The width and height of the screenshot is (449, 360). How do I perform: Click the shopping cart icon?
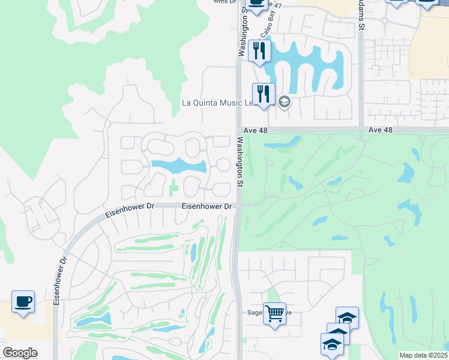(x=274, y=313)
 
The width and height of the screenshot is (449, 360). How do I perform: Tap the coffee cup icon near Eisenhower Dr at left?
(x=23, y=302)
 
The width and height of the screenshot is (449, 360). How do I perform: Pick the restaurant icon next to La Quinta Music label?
(x=264, y=94)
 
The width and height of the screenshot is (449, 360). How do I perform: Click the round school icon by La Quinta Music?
(x=285, y=102)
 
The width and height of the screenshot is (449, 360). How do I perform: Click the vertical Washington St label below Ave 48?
(x=240, y=163)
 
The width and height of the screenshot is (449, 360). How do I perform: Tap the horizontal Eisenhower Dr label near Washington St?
(x=207, y=206)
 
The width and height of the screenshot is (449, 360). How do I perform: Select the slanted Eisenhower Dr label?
(x=130, y=209)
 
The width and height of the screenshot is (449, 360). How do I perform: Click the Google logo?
(x=20, y=352)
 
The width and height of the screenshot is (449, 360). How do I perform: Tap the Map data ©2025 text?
(x=423, y=355)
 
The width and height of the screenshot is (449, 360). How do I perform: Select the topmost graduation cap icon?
(x=347, y=318)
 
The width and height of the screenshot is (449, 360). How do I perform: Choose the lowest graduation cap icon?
(x=331, y=344)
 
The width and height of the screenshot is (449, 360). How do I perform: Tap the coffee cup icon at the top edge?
(x=257, y=3)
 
